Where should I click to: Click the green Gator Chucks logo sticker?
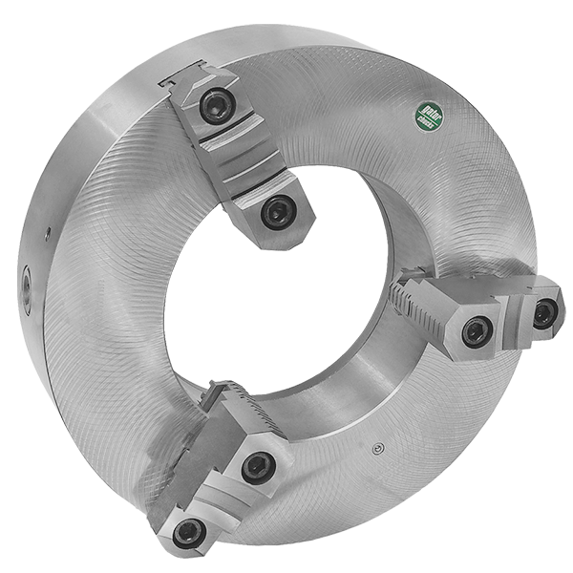(x=429, y=120)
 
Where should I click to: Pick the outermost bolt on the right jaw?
(x=543, y=313)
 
